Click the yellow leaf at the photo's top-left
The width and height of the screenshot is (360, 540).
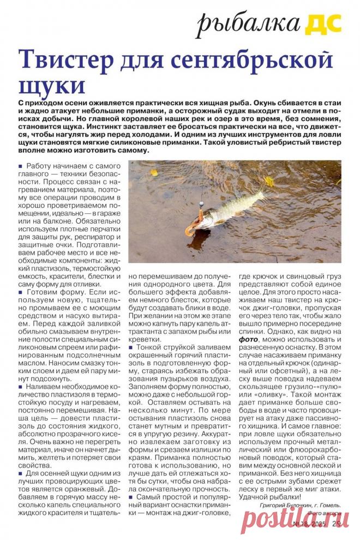pos(154,172)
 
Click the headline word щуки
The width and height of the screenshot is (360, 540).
pos(52,86)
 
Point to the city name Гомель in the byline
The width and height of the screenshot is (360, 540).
pos(328,505)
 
